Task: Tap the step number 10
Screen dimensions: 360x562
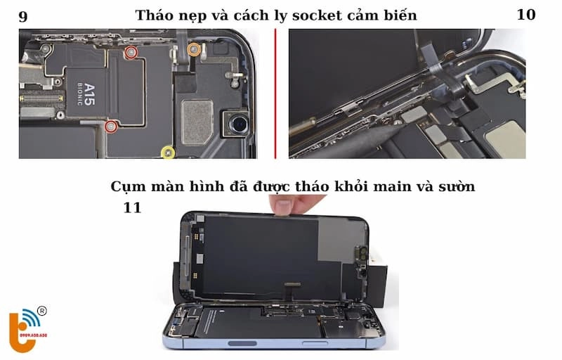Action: pos(525,15)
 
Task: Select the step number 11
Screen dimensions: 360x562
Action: pos(132,208)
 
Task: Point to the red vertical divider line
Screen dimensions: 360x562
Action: pos(275,94)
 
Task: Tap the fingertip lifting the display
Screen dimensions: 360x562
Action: pos(285,206)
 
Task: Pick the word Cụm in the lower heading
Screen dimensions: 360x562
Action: pos(126,187)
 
